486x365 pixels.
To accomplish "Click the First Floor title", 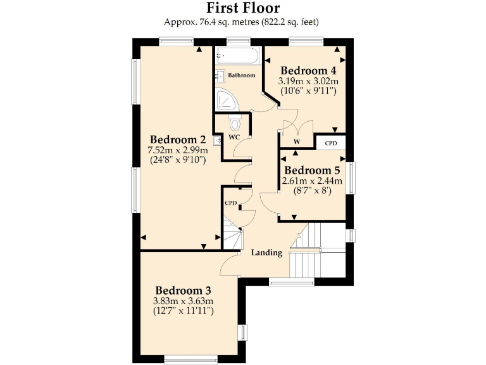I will (243, 8).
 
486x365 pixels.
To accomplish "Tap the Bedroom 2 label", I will (178, 139).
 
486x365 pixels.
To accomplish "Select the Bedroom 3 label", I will (184, 290).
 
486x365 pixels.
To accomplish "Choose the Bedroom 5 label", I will (312, 170).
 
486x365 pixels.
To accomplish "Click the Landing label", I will (266, 253).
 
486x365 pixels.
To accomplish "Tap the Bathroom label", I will (242, 75).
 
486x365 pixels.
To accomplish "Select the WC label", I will (234, 136).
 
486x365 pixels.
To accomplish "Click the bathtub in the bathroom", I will (237, 56).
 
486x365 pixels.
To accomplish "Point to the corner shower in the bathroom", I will (225, 100).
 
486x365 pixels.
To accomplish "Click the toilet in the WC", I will (235, 123).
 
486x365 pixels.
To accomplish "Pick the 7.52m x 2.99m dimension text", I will (178, 150).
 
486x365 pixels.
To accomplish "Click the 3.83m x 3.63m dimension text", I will (184, 300).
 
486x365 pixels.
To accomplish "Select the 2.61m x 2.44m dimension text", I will (312, 181).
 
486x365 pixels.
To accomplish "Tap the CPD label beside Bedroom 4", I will (331, 143).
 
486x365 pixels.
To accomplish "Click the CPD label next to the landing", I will (231, 203).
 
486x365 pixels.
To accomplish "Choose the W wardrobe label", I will (296, 141).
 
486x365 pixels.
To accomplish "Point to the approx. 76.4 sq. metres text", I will (205, 22).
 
